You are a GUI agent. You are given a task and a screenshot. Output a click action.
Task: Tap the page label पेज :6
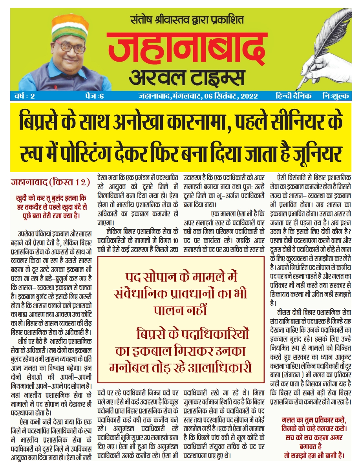point(93,96)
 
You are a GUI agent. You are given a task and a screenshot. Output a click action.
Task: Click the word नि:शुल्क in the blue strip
point(336,96)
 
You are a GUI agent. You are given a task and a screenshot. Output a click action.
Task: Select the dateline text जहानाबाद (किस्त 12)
point(50,183)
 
